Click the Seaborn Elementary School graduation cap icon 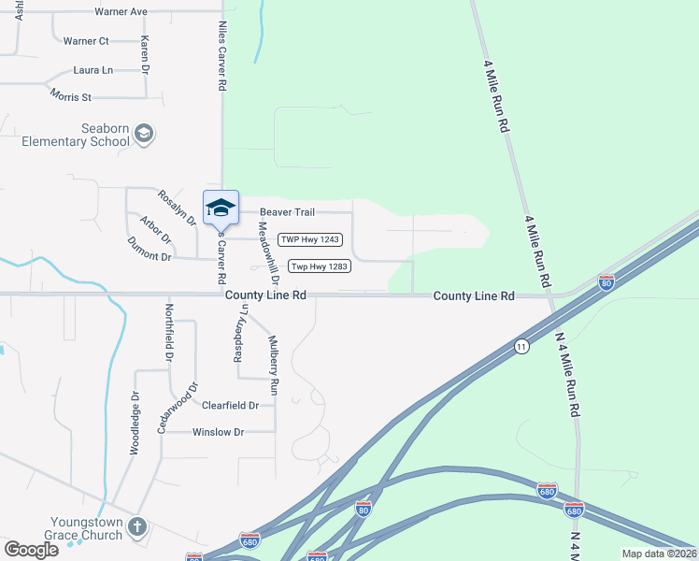pyautogui.click(x=144, y=135)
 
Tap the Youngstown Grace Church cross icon pyautogui.click(x=137, y=527)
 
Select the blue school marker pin pyautogui.click(x=221, y=209)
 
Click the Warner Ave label pyautogui.click(x=121, y=12)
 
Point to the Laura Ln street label pyautogui.click(x=93, y=70)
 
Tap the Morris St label pyautogui.click(x=71, y=96)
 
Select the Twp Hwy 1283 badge pyautogui.click(x=319, y=266)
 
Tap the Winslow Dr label pyautogui.click(x=218, y=432)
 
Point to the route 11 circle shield pyautogui.click(x=521, y=346)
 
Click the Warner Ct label pyautogui.click(x=86, y=41)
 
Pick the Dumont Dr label pyautogui.click(x=150, y=249)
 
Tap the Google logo pyautogui.click(x=31, y=549)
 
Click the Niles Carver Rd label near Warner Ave pyautogui.click(x=222, y=56)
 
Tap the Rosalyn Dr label pyautogui.click(x=177, y=208)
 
